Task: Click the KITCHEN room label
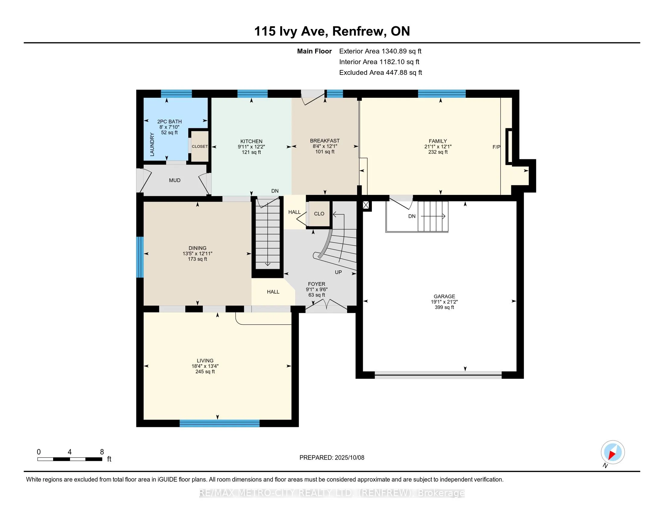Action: point(251,141)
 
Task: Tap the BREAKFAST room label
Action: point(325,141)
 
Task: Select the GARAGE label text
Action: point(444,296)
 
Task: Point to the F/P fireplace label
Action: point(496,147)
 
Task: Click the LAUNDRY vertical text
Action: point(152,144)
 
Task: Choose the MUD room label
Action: point(174,180)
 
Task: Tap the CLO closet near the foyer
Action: point(319,214)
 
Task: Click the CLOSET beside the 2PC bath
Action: point(200,146)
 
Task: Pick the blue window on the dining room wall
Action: point(139,257)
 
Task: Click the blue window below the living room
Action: point(219,423)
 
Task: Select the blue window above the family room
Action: point(442,94)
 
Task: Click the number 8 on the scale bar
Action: point(102,452)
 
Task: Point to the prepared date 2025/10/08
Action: point(349,458)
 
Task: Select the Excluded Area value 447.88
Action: point(396,73)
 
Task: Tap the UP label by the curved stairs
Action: point(338,272)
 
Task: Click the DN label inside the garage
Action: point(412,216)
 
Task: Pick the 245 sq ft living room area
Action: point(205,372)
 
